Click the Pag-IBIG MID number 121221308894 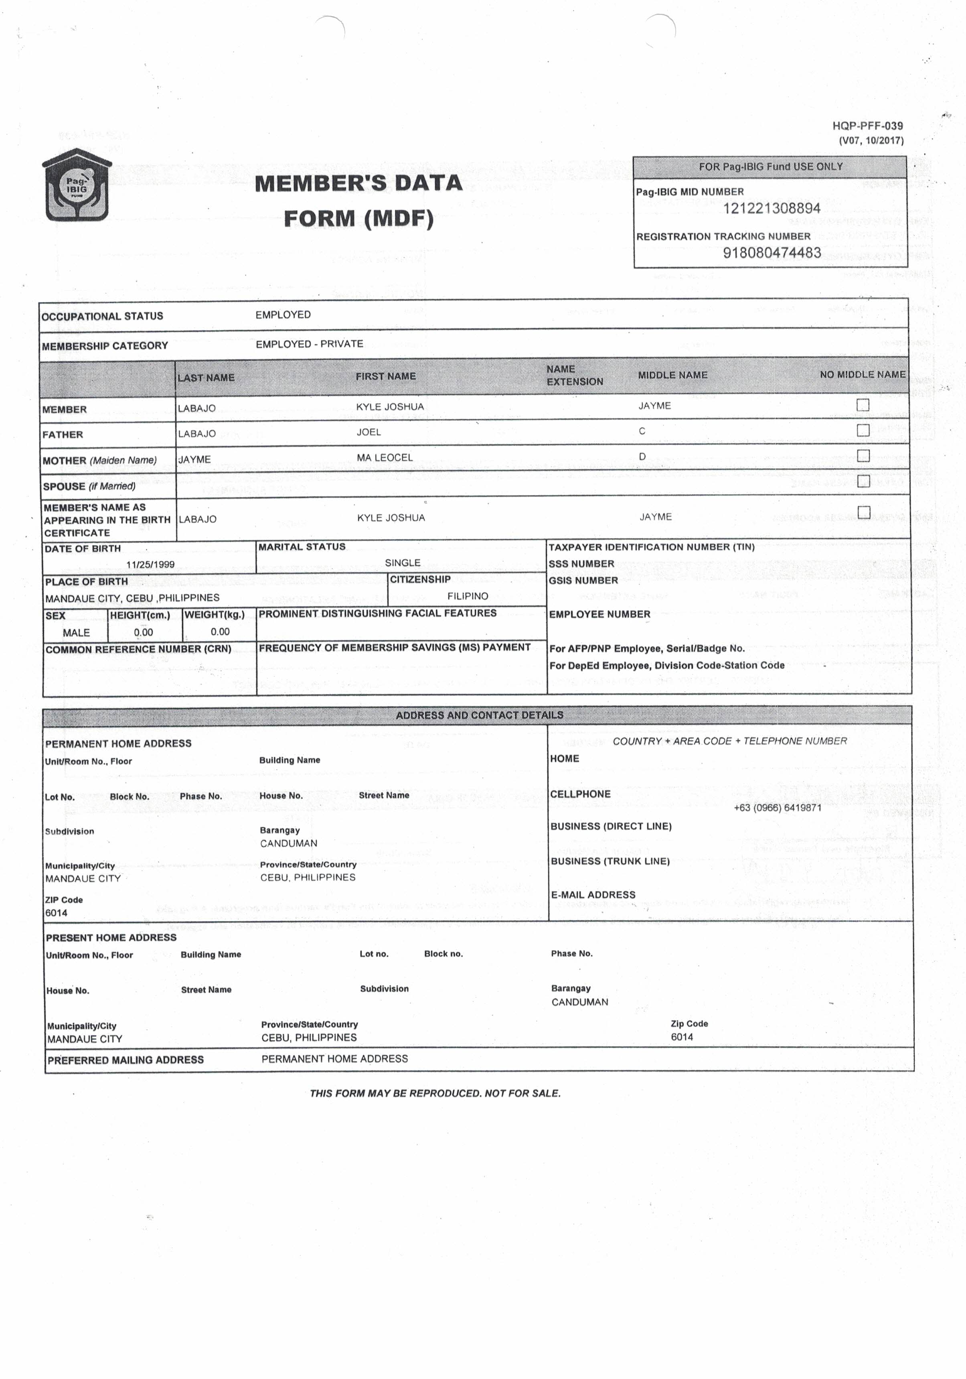(x=772, y=208)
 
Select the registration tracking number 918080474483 (x=772, y=252)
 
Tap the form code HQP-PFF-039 (x=867, y=126)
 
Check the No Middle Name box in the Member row (x=863, y=405)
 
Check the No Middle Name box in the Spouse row (x=863, y=481)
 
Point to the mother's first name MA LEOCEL (x=385, y=458)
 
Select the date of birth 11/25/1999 (x=150, y=565)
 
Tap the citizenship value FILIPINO (x=468, y=596)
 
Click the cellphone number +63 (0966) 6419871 (x=778, y=808)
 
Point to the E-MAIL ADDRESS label (x=593, y=895)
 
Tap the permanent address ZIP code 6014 (x=57, y=913)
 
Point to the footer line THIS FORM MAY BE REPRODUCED (x=435, y=1093)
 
